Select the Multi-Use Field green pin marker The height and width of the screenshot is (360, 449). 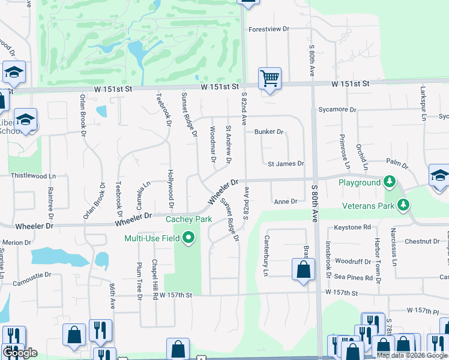pyautogui.click(x=190, y=238)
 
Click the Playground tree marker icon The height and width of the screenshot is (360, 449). pyautogui.click(x=390, y=182)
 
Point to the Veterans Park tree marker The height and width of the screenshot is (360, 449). pyautogui.click(x=405, y=206)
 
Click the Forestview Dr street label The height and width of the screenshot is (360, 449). pyautogui.click(x=269, y=29)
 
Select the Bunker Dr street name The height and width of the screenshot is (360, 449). pyautogui.click(x=268, y=131)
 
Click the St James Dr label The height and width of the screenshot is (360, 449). pyautogui.click(x=286, y=163)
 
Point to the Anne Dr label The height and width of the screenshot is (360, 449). pyautogui.click(x=286, y=202)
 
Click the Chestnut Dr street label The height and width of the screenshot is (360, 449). pyautogui.click(x=423, y=241)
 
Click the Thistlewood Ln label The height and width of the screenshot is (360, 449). pyautogui.click(x=33, y=176)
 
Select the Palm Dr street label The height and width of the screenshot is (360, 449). pyautogui.click(x=397, y=163)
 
